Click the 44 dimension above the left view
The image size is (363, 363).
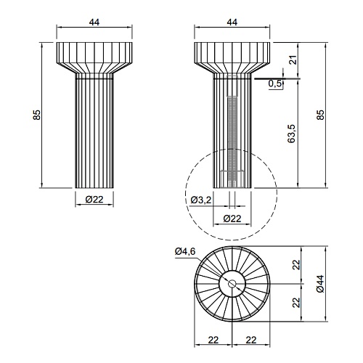[x=94, y=22]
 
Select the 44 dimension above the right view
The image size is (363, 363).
[x=232, y=22]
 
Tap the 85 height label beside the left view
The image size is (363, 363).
[x=37, y=115]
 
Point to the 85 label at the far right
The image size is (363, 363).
[x=320, y=115]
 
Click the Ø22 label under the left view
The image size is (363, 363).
[x=94, y=200]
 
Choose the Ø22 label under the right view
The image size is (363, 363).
[x=232, y=219]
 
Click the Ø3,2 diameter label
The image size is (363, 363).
[x=201, y=200]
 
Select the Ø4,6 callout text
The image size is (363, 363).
[x=185, y=252]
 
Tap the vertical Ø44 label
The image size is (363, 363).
[x=320, y=284]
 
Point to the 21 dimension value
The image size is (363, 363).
[x=293, y=60]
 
